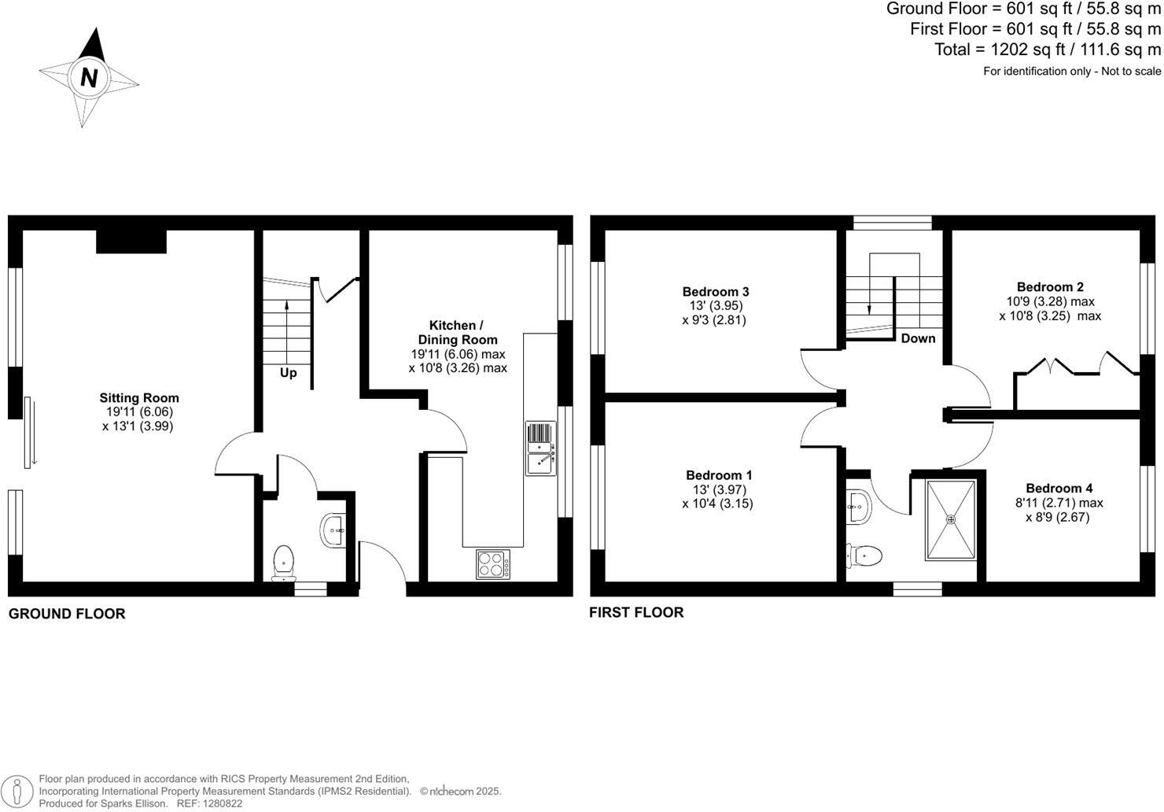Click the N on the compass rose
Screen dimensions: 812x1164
[x=89, y=78]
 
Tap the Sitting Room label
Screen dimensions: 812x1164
[x=138, y=398]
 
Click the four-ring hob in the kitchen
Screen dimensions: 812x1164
[x=492, y=564]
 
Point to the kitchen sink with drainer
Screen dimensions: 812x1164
[x=541, y=448]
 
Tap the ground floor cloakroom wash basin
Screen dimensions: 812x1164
[x=334, y=530]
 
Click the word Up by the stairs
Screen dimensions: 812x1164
[x=289, y=373]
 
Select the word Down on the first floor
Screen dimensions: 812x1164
[x=918, y=338]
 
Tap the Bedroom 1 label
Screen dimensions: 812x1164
[x=719, y=475]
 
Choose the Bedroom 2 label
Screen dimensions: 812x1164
[x=1050, y=287]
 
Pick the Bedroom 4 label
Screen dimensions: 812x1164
[x=1059, y=489]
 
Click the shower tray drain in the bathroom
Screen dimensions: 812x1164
[x=950, y=519]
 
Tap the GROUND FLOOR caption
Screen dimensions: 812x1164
[x=67, y=614]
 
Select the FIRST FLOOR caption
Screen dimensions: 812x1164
[x=636, y=612]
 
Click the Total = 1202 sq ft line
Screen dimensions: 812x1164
[x=1047, y=50]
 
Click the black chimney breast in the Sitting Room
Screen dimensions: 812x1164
[x=131, y=242]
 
